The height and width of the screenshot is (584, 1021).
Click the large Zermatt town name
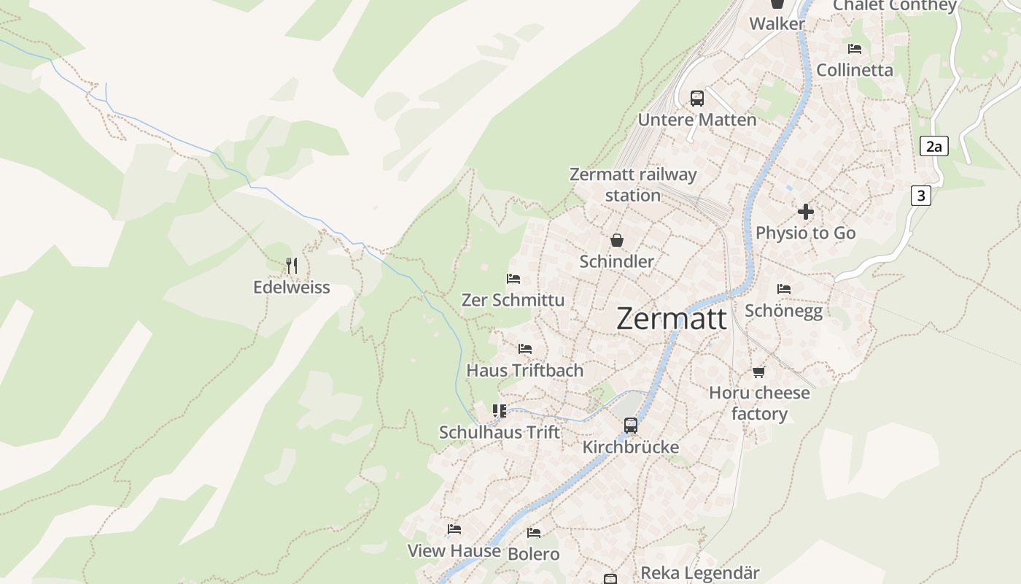(671, 319)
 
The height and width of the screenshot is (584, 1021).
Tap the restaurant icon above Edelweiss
(292, 265)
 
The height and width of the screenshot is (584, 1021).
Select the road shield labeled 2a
(933, 146)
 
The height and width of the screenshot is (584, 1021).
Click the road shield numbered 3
(921, 196)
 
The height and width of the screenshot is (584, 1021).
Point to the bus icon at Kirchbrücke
(631, 425)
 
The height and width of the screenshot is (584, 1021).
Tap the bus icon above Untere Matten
(697, 98)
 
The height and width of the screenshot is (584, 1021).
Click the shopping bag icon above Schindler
(617, 239)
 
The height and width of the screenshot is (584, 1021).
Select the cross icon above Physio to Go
(805, 212)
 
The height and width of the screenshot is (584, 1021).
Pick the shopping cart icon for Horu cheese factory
(758, 372)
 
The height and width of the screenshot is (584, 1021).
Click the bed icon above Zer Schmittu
(513, 278)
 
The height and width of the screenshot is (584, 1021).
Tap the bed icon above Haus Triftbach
(525, 349)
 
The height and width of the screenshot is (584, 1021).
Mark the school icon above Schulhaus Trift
(500, 411)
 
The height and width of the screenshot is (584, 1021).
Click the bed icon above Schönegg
(784, 289)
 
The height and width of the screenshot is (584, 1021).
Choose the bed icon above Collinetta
(855, 49)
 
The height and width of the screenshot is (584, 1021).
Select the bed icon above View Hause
(454, 529)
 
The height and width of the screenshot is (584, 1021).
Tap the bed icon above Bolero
(534, 533)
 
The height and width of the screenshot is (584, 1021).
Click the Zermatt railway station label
(633, 185)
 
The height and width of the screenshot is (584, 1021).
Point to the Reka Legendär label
(699, 573)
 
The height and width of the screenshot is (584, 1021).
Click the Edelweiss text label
(292, 288)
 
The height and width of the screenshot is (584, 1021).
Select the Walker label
(777, 23)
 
